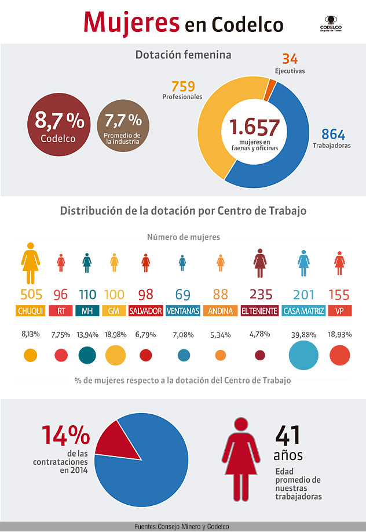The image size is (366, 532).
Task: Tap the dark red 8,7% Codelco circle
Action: (58, 126)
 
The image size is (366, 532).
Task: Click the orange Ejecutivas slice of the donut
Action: (270, 88)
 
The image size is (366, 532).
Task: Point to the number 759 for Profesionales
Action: (183, 86)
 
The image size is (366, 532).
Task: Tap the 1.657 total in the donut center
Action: (254, 127)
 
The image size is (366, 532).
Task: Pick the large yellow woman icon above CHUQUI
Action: (31, 263)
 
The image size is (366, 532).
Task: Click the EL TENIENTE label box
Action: (259, 311)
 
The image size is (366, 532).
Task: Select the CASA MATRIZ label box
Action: (303, 311)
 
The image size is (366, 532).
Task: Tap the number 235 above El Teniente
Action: (260, 294)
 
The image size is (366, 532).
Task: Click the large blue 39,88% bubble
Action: (303, 356)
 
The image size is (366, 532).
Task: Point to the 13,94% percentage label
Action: (87, 335)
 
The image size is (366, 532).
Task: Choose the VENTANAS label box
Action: (182, 311)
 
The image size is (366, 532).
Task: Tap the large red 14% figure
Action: (65, 436)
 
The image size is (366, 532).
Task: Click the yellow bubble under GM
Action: (115, 355)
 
